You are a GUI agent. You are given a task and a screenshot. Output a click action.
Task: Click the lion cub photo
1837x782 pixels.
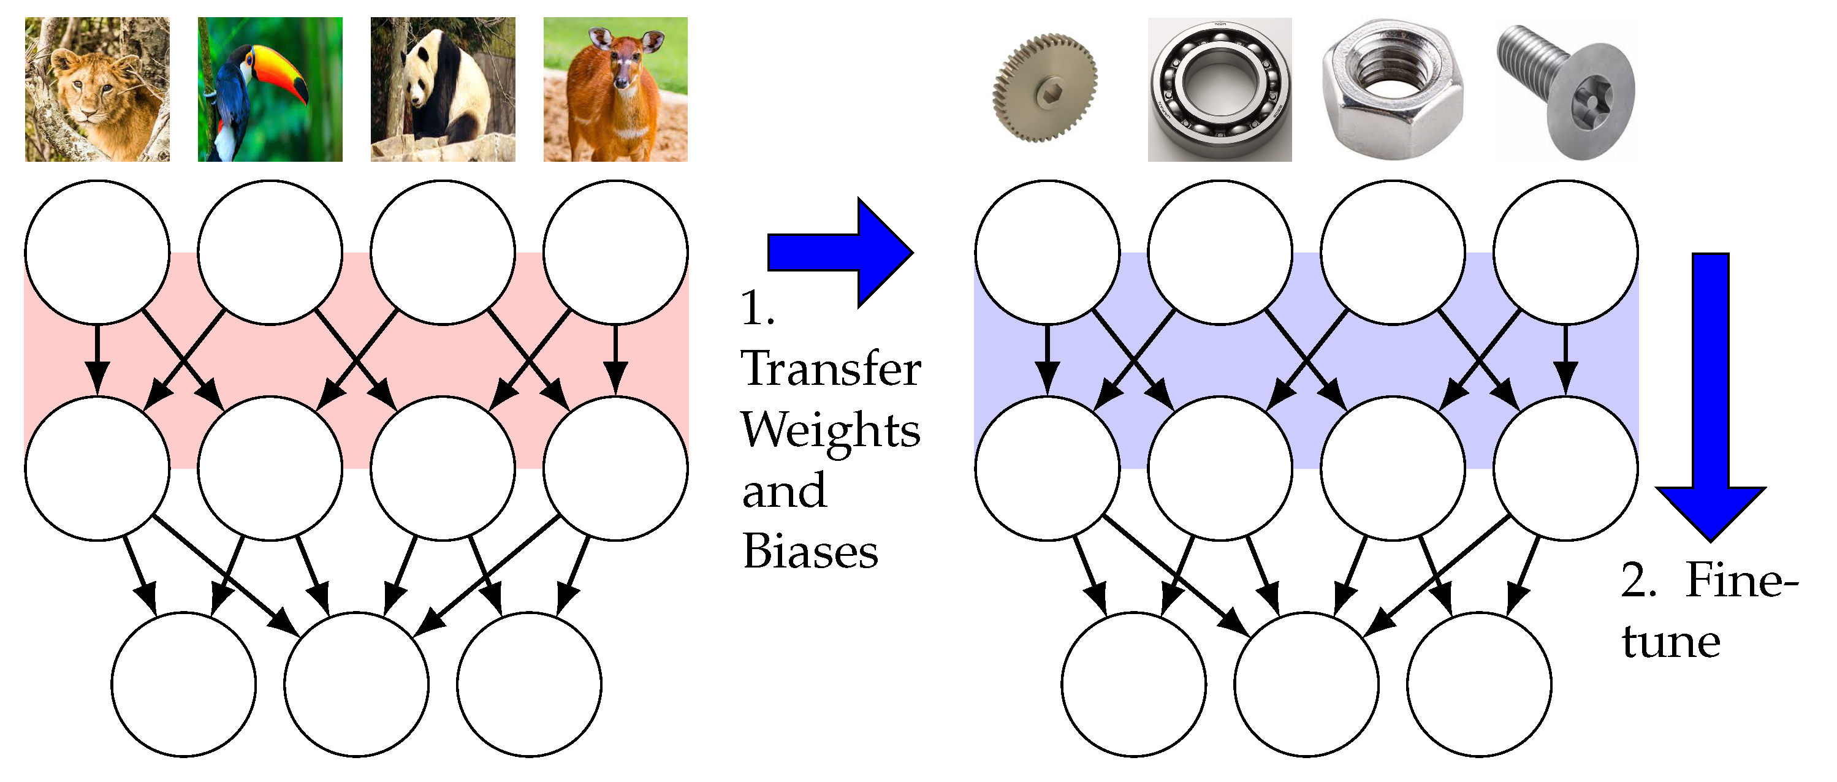[97, 89]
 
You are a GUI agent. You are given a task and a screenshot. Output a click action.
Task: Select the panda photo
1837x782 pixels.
[442, 89]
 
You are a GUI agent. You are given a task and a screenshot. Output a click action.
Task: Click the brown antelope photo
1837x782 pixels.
[615, 89]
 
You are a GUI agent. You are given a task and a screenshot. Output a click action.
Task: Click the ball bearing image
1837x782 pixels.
[1219, 89]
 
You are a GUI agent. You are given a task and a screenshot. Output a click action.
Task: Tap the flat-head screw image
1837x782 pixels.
[1565, 89]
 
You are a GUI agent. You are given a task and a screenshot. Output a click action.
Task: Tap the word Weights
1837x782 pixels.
[831, 431]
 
